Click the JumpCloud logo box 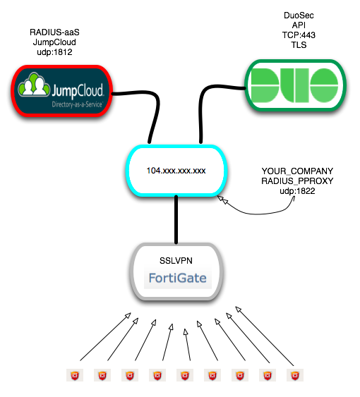pyautogui.click(x=61, y=91)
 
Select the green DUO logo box pyautogui.click(x=295, y=85)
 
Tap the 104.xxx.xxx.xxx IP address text pyautogui.click(x=176, y=171)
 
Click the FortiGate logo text pyautogui.click(x=177, y=278)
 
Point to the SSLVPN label pyautogui.click(x=176, y=260)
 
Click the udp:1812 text pyautogui.click(x=54, y=52)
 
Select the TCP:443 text pyautogui.click(x=299, y=35)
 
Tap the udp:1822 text pyautogui.click(x=297, y=191)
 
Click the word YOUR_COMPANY pyautogui.click(x=297, y=171)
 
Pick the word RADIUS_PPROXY pyautogui.click(x=297, y=181)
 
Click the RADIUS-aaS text pyautogui.click(x=54, y=32)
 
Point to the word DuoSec pyautogui.click(x=299, y=16)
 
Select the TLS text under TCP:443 pyautogui.click(x=299, y=45)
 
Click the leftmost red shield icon pyautogui.click(x=75, y=375)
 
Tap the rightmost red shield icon pyautogui.click(x=295, y=375)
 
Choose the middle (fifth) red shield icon pyautogui.click(x=185, y=375)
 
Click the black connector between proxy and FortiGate pyautogui.click(x=176, y=219)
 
